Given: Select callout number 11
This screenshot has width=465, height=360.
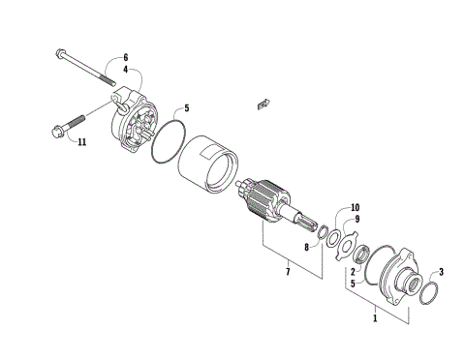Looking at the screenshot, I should (x=81, y=142).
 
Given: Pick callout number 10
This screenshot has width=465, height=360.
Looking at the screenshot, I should (x=354, y=207).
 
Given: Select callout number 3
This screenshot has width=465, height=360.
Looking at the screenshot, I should (x=441, y=272).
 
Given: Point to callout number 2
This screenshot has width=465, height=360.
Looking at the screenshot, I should (x=354, y=273).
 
